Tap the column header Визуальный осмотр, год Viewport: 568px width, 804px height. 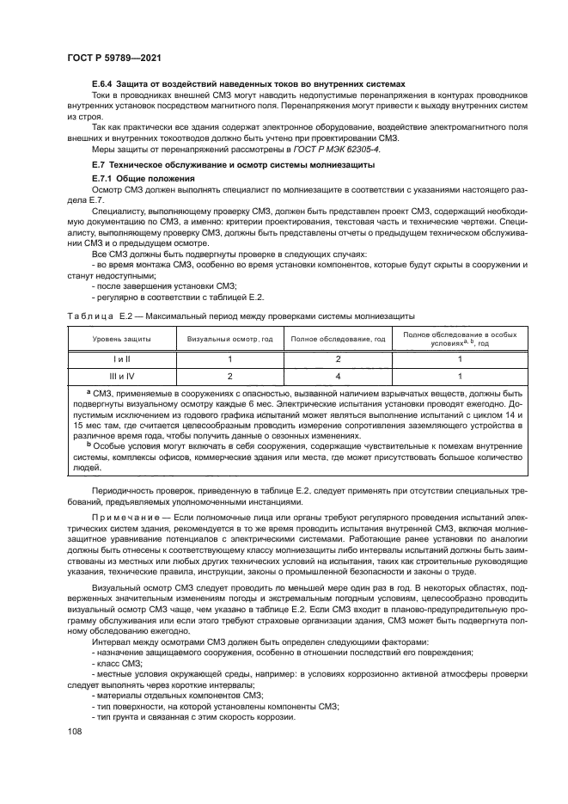pyautogui.click(x=229, y=341)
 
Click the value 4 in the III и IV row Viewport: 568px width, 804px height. pyautogui.click(x=338, y=376)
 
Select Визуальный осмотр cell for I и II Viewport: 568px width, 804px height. pyautogui.click(x=229, y=359)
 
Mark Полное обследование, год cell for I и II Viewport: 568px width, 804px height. pyautogui.click(x=338, y=359)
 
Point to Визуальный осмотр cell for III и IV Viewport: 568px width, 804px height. pyautogui.click(x=229, y=376)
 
